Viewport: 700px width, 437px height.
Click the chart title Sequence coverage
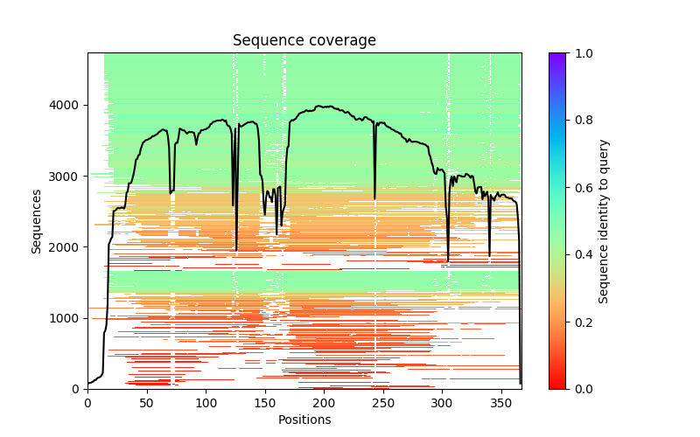[304, 41]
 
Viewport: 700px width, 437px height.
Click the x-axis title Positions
[304, 420]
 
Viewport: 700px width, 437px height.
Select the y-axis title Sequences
[37, 220]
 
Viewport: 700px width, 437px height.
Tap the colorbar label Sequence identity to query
[604, 220]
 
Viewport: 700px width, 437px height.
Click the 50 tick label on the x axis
[146, 402]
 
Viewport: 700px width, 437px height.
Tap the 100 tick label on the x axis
[206, 402]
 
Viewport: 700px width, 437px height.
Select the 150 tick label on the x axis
[265, 402]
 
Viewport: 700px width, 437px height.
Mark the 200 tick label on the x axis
[324, 402]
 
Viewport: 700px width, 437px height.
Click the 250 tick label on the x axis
[383, 402]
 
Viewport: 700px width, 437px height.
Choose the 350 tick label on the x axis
[501, 402]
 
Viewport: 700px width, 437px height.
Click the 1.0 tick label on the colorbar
[582, 52]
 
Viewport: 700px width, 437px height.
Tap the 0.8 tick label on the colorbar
[582, 120]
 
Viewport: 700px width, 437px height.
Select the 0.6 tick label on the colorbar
[582, 187]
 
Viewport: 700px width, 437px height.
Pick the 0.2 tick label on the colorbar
[582, 322]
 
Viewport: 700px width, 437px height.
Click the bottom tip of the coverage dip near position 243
[375, 199]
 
